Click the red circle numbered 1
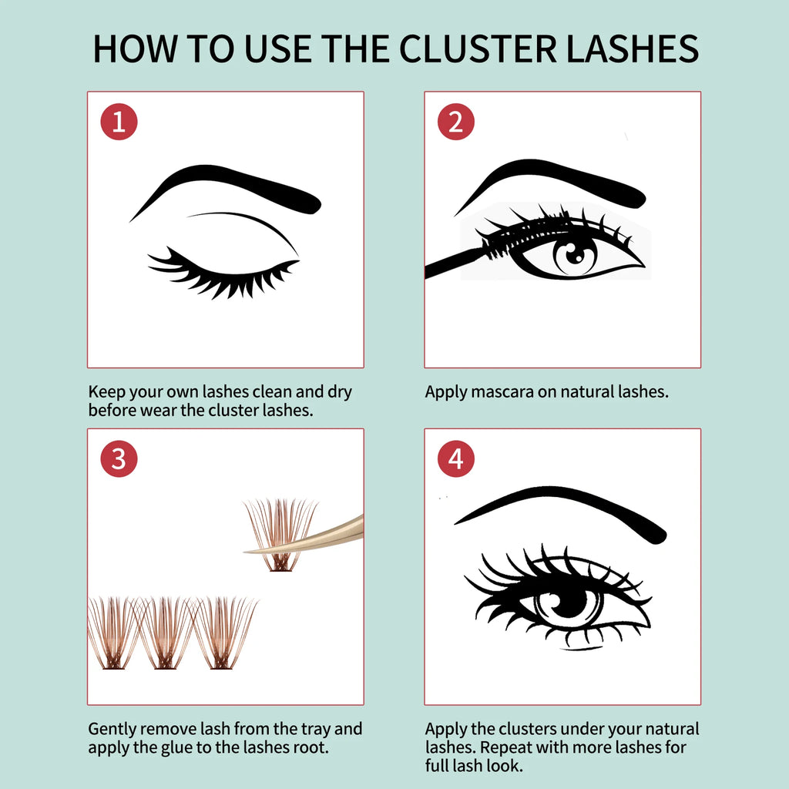tap(119, 122)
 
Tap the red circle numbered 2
tap(456, 122)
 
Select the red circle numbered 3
tap(119, 459)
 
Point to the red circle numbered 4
tap(456, 459)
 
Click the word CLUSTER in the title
tap(478, 49)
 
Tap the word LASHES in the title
tap(633, 49)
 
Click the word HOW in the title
tap(135, 49)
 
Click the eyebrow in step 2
tap(551, 182)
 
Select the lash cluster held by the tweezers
tap(280, 535)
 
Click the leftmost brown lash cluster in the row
tap(113, 633)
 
